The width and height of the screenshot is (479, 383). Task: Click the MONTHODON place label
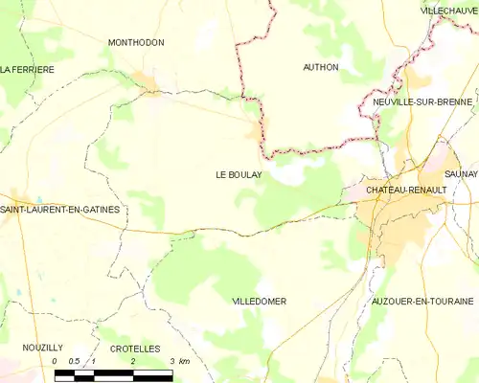(x=135, y=43)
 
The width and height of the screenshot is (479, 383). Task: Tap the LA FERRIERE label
(x=27, y=70)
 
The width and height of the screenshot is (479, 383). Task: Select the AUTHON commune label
(x=320, y=67)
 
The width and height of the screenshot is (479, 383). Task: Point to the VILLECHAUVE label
(x=449, y=11)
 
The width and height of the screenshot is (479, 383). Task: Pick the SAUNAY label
(x=460, y=173)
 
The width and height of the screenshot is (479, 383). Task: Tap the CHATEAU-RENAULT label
(x=406, y=191)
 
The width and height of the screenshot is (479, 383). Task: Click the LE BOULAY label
(x=238, y=175)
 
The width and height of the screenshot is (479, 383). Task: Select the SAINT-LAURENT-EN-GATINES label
(x=60, y=209)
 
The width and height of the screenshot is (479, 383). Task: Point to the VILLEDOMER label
(x=259, y=301)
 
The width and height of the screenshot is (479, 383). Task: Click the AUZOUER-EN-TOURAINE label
(x=422, y=301)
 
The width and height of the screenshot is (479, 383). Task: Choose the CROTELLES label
(x=134, y=349)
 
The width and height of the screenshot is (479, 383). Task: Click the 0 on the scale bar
(x=56, y=361)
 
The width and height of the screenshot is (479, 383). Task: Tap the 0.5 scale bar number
(x=73, y=361)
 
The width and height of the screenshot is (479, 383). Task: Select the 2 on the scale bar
(x=132, y=361)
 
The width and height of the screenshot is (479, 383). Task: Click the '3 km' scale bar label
(x=177, y=361)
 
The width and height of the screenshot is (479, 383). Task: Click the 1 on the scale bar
(x=93, y=361)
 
